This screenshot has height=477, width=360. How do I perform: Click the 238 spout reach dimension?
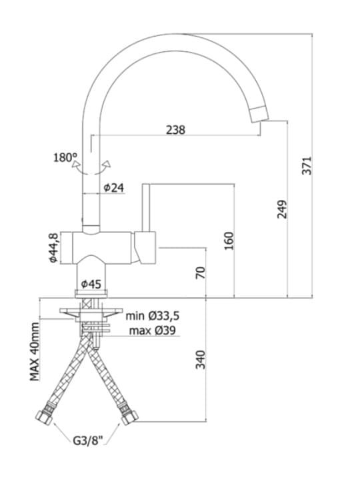point(175,130)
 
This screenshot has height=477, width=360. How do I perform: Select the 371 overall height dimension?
point(307,165)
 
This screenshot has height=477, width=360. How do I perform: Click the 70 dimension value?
point(201,272)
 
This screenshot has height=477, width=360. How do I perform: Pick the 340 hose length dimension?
point(201,360)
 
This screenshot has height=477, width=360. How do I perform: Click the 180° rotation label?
point(65,158)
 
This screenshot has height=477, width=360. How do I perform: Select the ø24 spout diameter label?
point(114,188)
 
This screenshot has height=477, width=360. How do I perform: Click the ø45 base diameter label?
point(91,284)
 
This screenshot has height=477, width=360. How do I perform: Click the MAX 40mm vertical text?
point(35,351)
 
